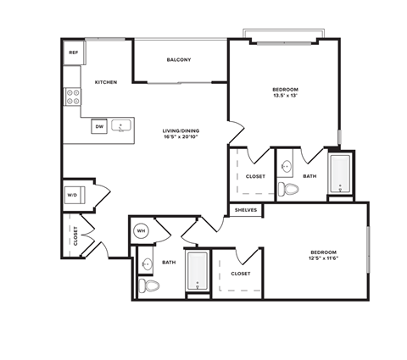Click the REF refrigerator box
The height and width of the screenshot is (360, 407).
click(x=73, y=53)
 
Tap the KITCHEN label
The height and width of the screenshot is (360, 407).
click(x=106, y=82)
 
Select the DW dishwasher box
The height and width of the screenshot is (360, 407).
click(x=99, y=126)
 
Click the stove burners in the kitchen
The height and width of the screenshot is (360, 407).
click(x=72, y=97)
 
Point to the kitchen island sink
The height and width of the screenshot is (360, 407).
click(x=122, y=127)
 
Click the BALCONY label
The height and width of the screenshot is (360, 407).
click(x=178, y=59)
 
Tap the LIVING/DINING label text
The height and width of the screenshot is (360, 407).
click(x=182, y=131)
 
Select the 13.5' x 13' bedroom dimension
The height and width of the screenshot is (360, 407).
click(x=285, y=95)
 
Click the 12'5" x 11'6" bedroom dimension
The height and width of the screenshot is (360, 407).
click(x=324, y=258)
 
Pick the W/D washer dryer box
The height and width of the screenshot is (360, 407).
click(x=72, y=196)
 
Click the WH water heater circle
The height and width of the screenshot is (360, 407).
click(x=141, y=230)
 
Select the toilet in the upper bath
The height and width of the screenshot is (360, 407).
click(x=291, y=188)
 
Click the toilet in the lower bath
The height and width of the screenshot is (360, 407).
click(x=151, y=285)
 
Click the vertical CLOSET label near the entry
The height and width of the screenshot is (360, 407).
click(x=75, y=235)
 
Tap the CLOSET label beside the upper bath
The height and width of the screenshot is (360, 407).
click(x=255, y=176)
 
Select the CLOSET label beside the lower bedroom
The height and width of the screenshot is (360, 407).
click(x=241, y=274)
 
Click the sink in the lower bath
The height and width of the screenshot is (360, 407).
click(x=147, y=263)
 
